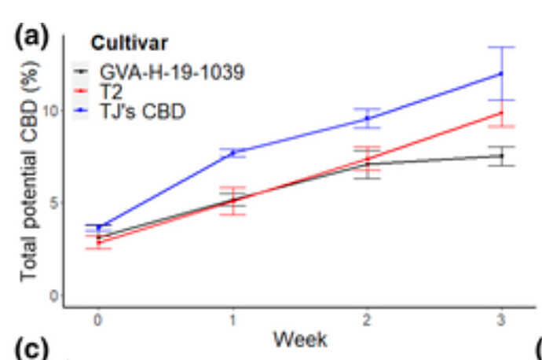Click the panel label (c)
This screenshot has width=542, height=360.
click(x=31, y=350)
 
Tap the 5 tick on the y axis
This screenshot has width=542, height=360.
click(x=53, y=203)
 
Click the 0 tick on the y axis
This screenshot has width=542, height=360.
click(x=53, y=296)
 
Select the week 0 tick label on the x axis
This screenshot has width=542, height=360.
click(x=98, y=321)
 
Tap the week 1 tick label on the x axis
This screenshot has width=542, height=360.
click(x=233, y=321)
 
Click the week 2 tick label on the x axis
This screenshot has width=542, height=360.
click(x=368, y=321)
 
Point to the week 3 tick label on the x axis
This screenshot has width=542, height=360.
click(x=502, y=321)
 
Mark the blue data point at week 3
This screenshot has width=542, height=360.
click(x=502, y=74)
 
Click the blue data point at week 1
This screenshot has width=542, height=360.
click(x=233, y=152)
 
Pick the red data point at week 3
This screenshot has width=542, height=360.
click(x=502, y=113)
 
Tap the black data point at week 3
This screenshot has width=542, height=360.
click(x=502, y=156)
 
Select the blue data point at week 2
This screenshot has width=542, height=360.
click(x=368, y=118)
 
